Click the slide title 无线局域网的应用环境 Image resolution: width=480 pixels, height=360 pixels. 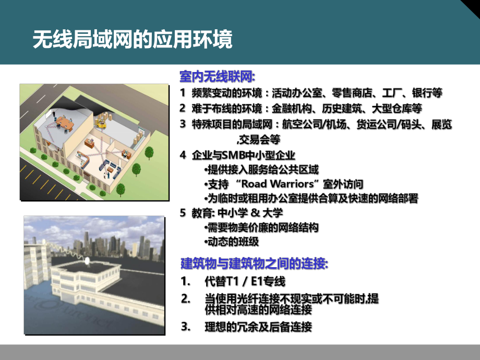[x=133, y=40]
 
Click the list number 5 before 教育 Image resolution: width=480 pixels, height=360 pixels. [x=183, y=213]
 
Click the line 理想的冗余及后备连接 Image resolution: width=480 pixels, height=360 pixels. [x=258, y=328]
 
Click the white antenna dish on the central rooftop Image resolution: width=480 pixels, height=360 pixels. [x=88, y=260]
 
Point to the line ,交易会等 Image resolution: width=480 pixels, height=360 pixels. [x=258, y=139]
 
